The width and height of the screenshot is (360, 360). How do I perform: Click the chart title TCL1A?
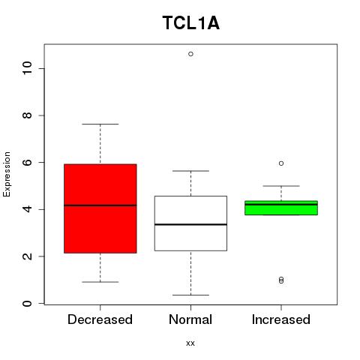191,23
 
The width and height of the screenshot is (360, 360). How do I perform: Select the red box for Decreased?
100,208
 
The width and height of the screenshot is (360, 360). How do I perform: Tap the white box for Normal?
190,223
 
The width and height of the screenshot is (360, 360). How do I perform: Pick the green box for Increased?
281,208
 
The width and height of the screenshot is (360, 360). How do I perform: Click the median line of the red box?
100,205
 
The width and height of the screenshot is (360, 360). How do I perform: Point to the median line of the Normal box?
190,224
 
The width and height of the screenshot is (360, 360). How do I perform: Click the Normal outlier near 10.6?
190,54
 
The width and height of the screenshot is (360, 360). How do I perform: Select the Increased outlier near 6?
281,163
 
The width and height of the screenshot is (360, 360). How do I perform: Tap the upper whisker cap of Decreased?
100,124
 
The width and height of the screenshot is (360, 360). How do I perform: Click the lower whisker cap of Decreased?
100,282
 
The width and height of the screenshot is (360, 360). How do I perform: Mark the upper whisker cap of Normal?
190,171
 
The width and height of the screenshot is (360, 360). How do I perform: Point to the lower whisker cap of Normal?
190,295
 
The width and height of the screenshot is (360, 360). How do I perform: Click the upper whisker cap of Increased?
281,186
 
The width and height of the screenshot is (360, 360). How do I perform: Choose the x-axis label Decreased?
100,319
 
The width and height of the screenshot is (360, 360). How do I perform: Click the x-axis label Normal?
190,319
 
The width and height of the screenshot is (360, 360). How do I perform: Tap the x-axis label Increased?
281,319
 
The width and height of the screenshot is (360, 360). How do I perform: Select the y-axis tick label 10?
27,68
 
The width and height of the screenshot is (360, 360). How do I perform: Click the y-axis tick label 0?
27,304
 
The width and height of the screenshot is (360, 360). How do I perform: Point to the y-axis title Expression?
7,174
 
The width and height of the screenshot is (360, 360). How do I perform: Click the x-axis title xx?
190,343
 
